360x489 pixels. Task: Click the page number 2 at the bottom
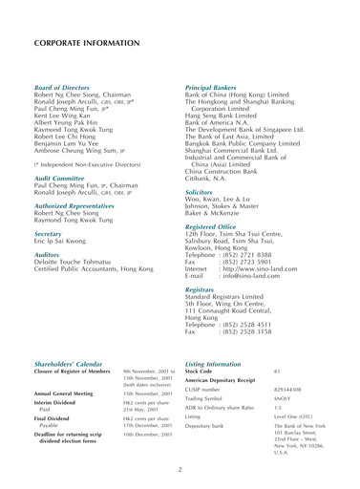coord(180,468)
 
